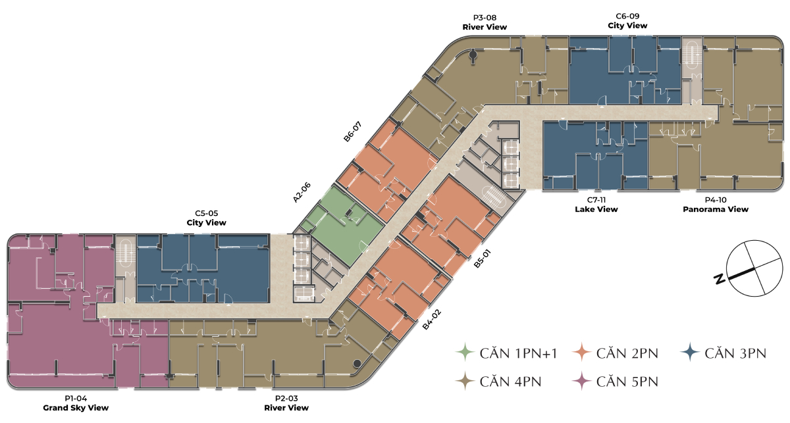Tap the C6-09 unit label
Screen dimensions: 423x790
(627, 16)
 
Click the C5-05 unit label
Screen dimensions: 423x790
(206, 213)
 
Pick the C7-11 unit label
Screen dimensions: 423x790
(596, 200)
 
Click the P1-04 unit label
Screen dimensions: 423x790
(76, 399)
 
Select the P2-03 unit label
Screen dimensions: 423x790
(286, 399)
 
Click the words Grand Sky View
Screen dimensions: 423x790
(76, 408)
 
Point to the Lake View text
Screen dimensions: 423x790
(596, 209)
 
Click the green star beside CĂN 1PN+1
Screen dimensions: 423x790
(465, 353)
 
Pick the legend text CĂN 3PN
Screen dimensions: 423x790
(735, 354)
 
